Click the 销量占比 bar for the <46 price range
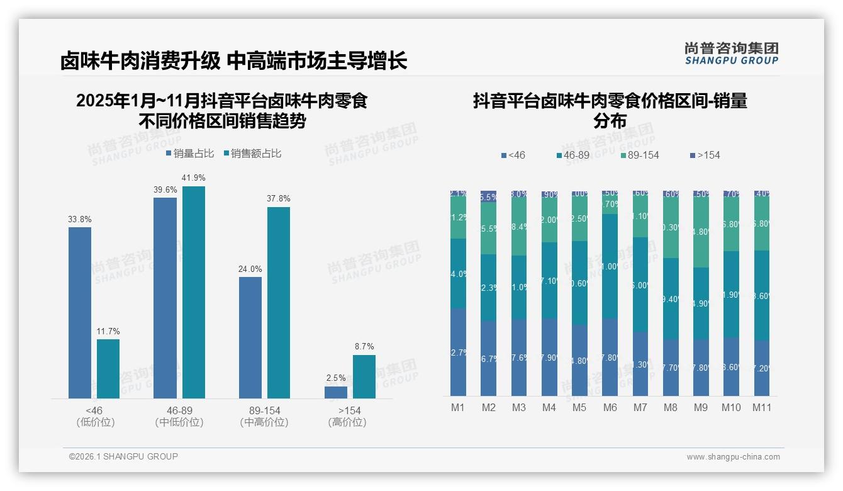click(x=80, y=312)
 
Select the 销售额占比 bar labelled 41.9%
click(x=194, y=292)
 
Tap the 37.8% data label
click(x=279, y=199)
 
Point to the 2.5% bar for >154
click(x=336, y=392)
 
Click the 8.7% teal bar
click(x=364, y=376)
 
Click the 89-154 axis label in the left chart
click(x=264, y=410)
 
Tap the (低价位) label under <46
click(x=95, y=422)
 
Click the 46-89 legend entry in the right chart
click(x=576, y=155)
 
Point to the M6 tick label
click(x=610, y=408)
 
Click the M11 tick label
click(x=762, y=408)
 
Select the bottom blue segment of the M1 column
click(x=459, y=352)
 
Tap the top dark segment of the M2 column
click(x=489, y=196)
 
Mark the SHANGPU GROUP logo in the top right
click(x=731, y=54)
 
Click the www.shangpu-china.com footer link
click(x=733, y=457)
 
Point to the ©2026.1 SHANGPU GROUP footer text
click(x=123, y=456)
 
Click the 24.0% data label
click(x=250, y=269)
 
